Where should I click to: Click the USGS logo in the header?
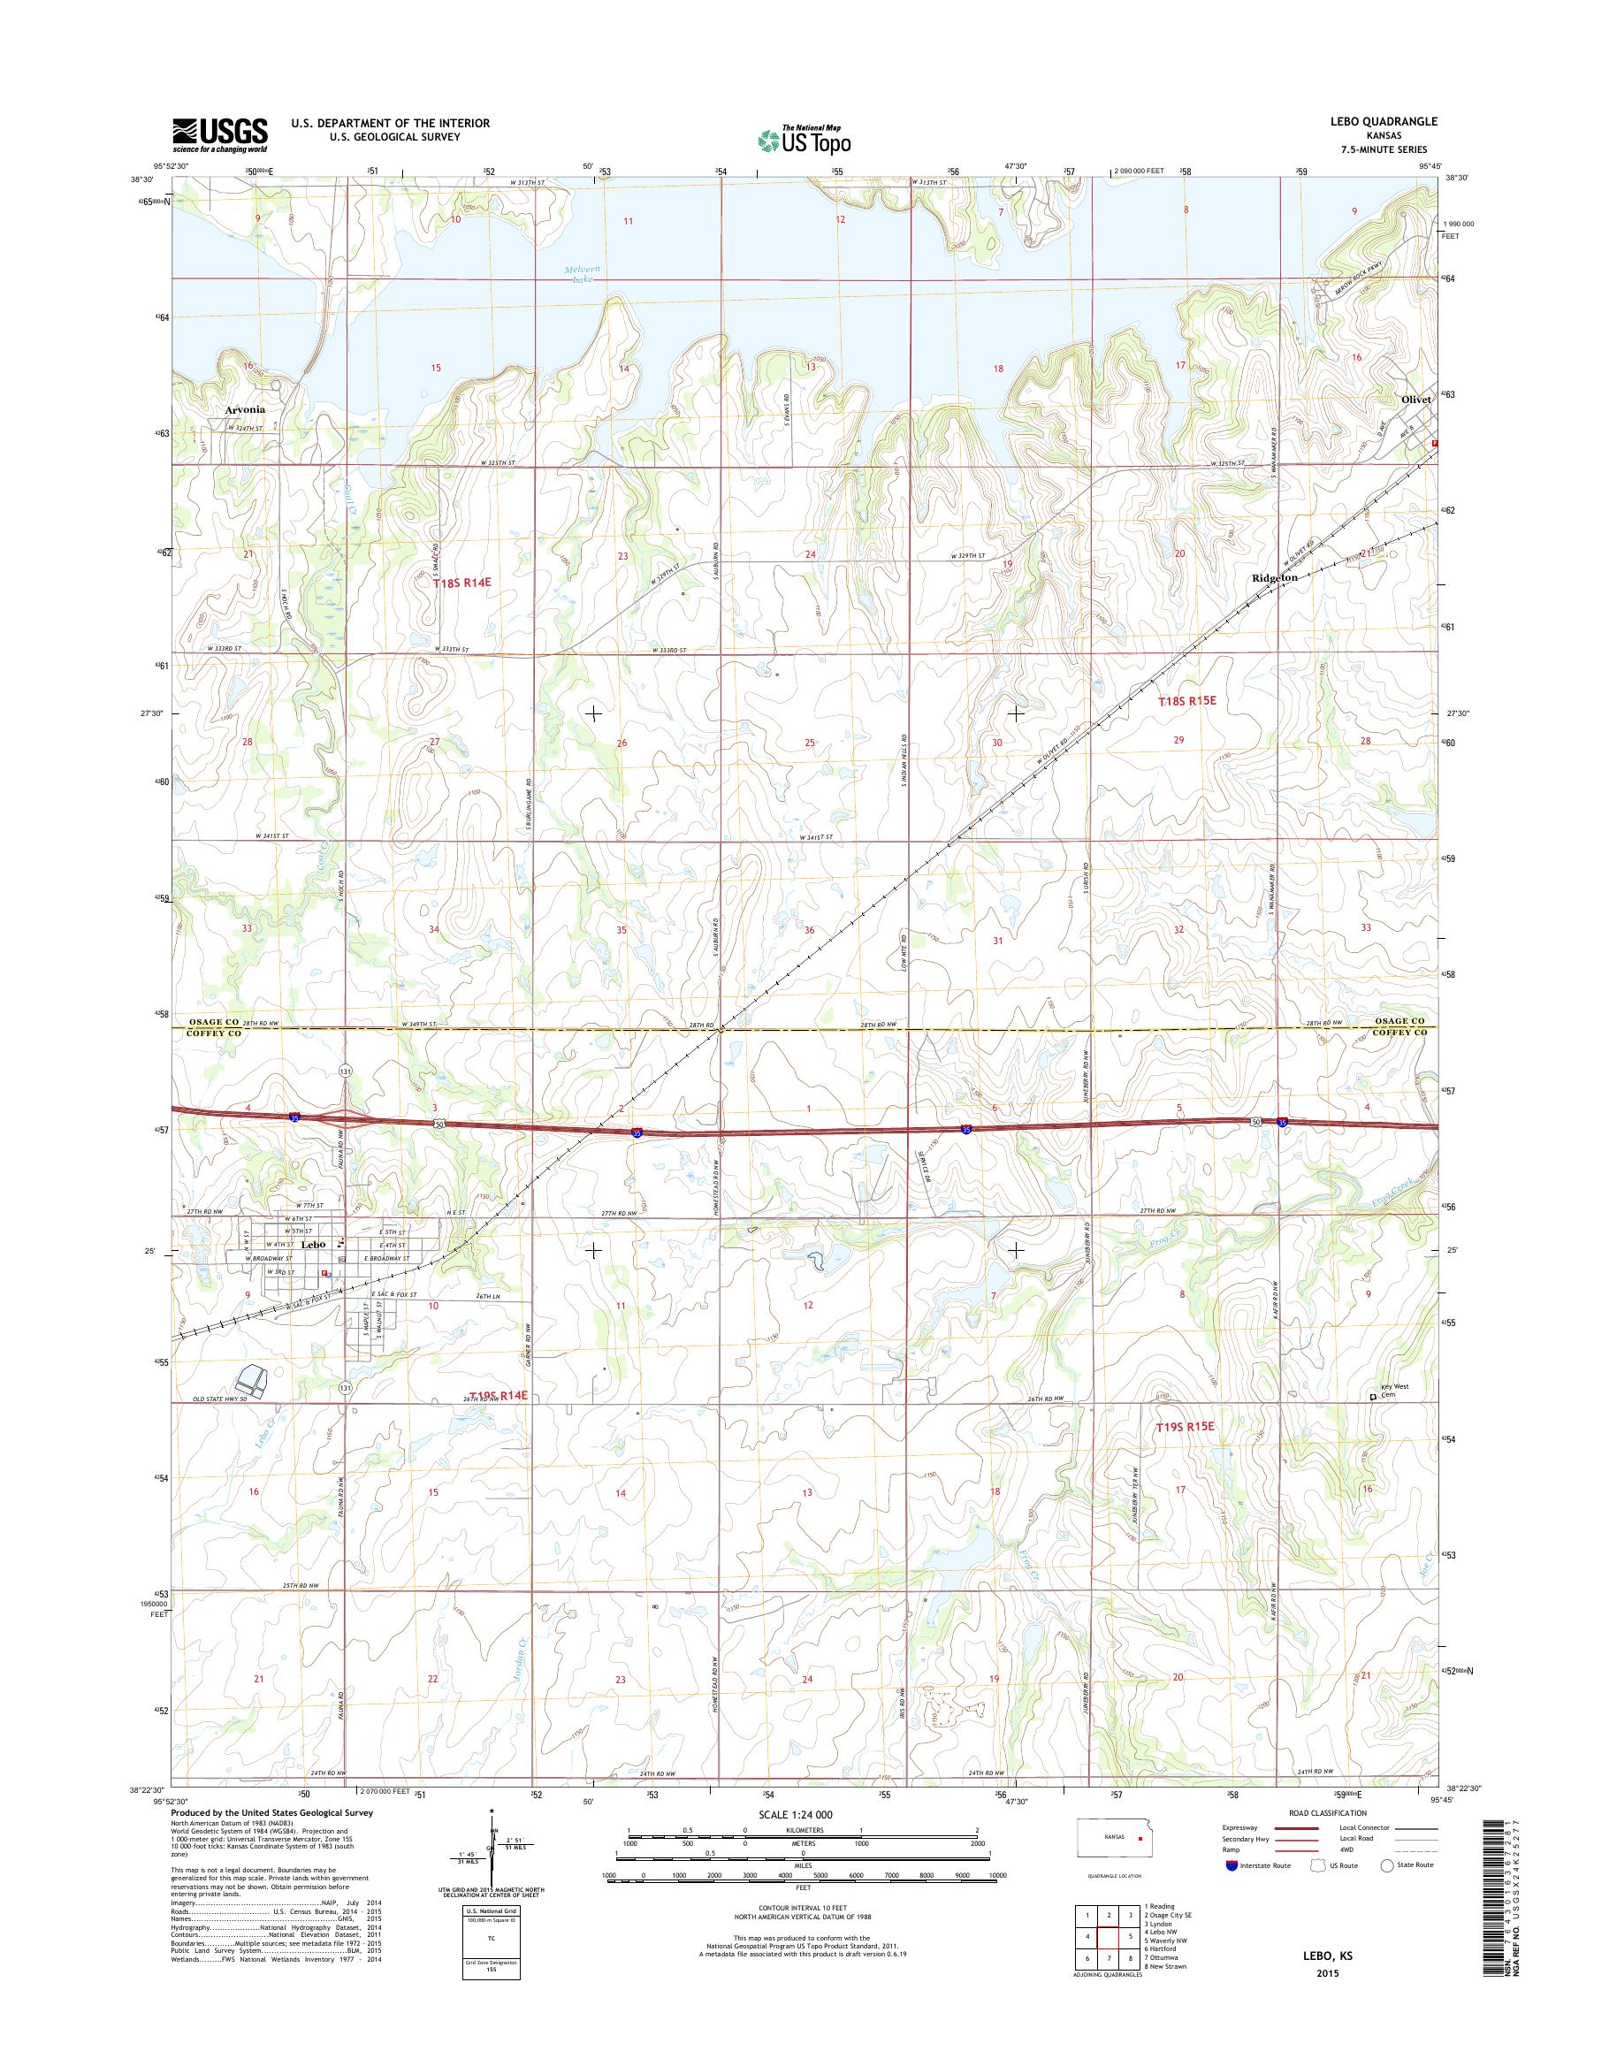pos(218,134)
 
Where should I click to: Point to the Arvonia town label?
pos(245,410)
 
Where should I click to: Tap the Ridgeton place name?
pos(1275,577)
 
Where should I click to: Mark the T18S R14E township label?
pos(462,583)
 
